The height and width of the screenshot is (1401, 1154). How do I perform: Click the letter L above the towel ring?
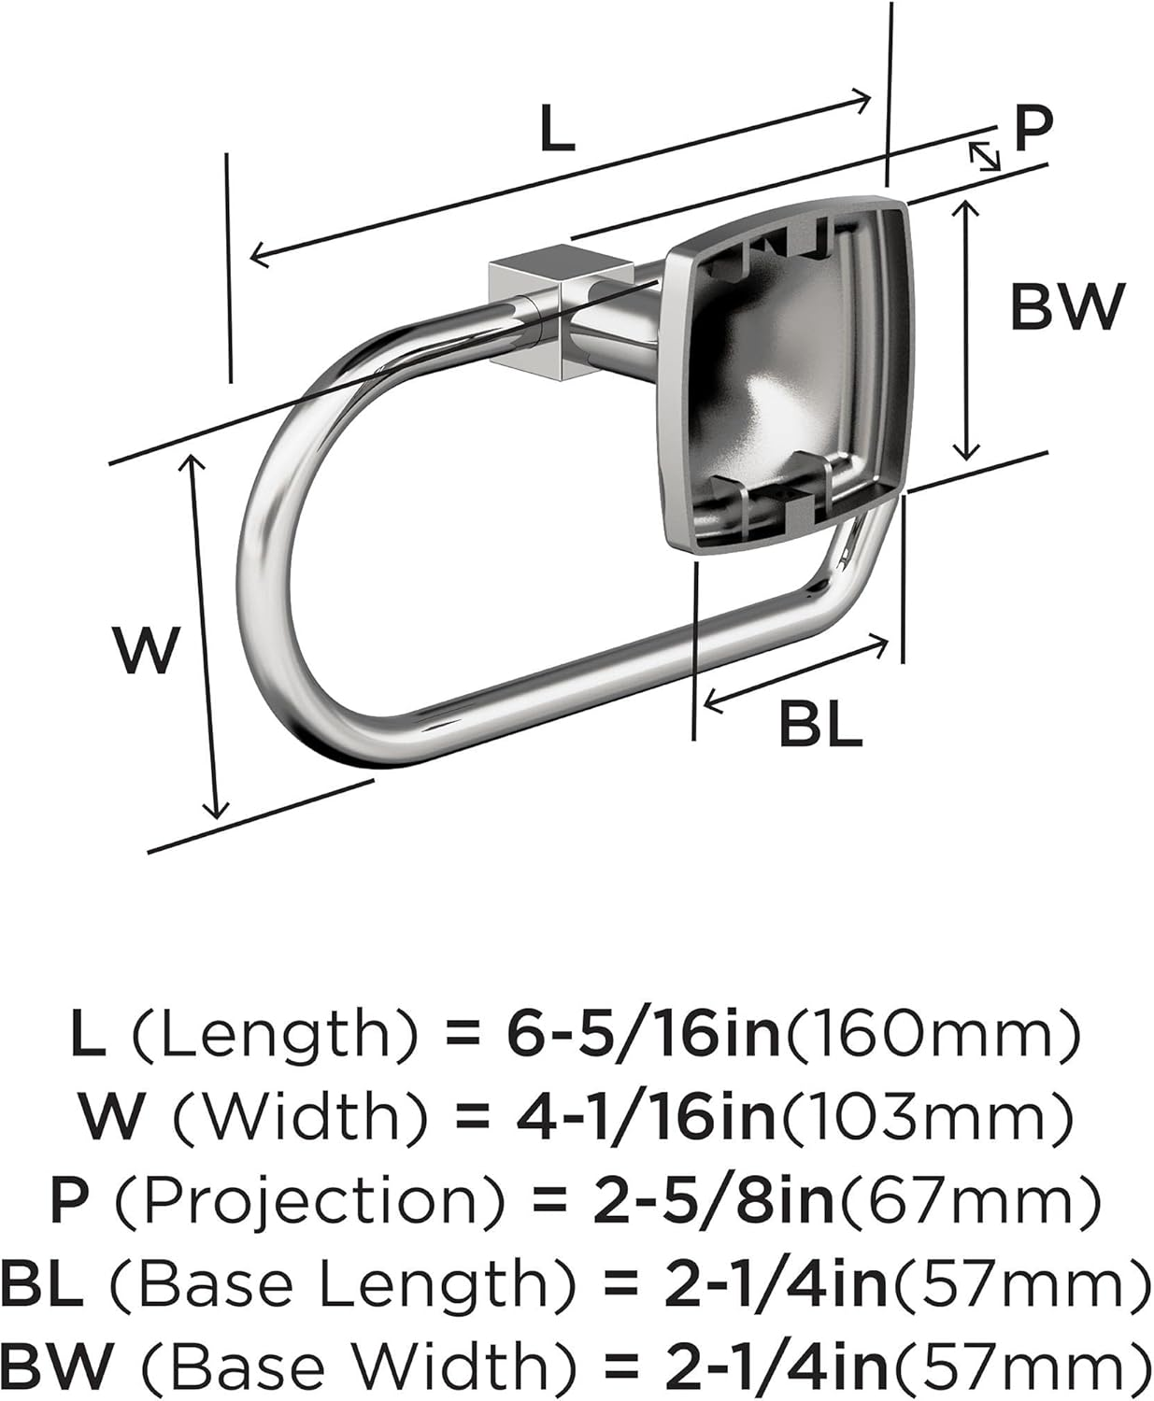tap(557, 130)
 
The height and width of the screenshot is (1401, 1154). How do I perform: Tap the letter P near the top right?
tap(1033, 128)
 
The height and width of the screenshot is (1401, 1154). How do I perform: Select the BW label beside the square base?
tap(1067, 305)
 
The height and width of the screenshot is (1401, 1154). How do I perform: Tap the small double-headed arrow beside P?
tap(983, 156)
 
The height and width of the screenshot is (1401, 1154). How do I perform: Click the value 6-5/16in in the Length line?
tap(644, 1034)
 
